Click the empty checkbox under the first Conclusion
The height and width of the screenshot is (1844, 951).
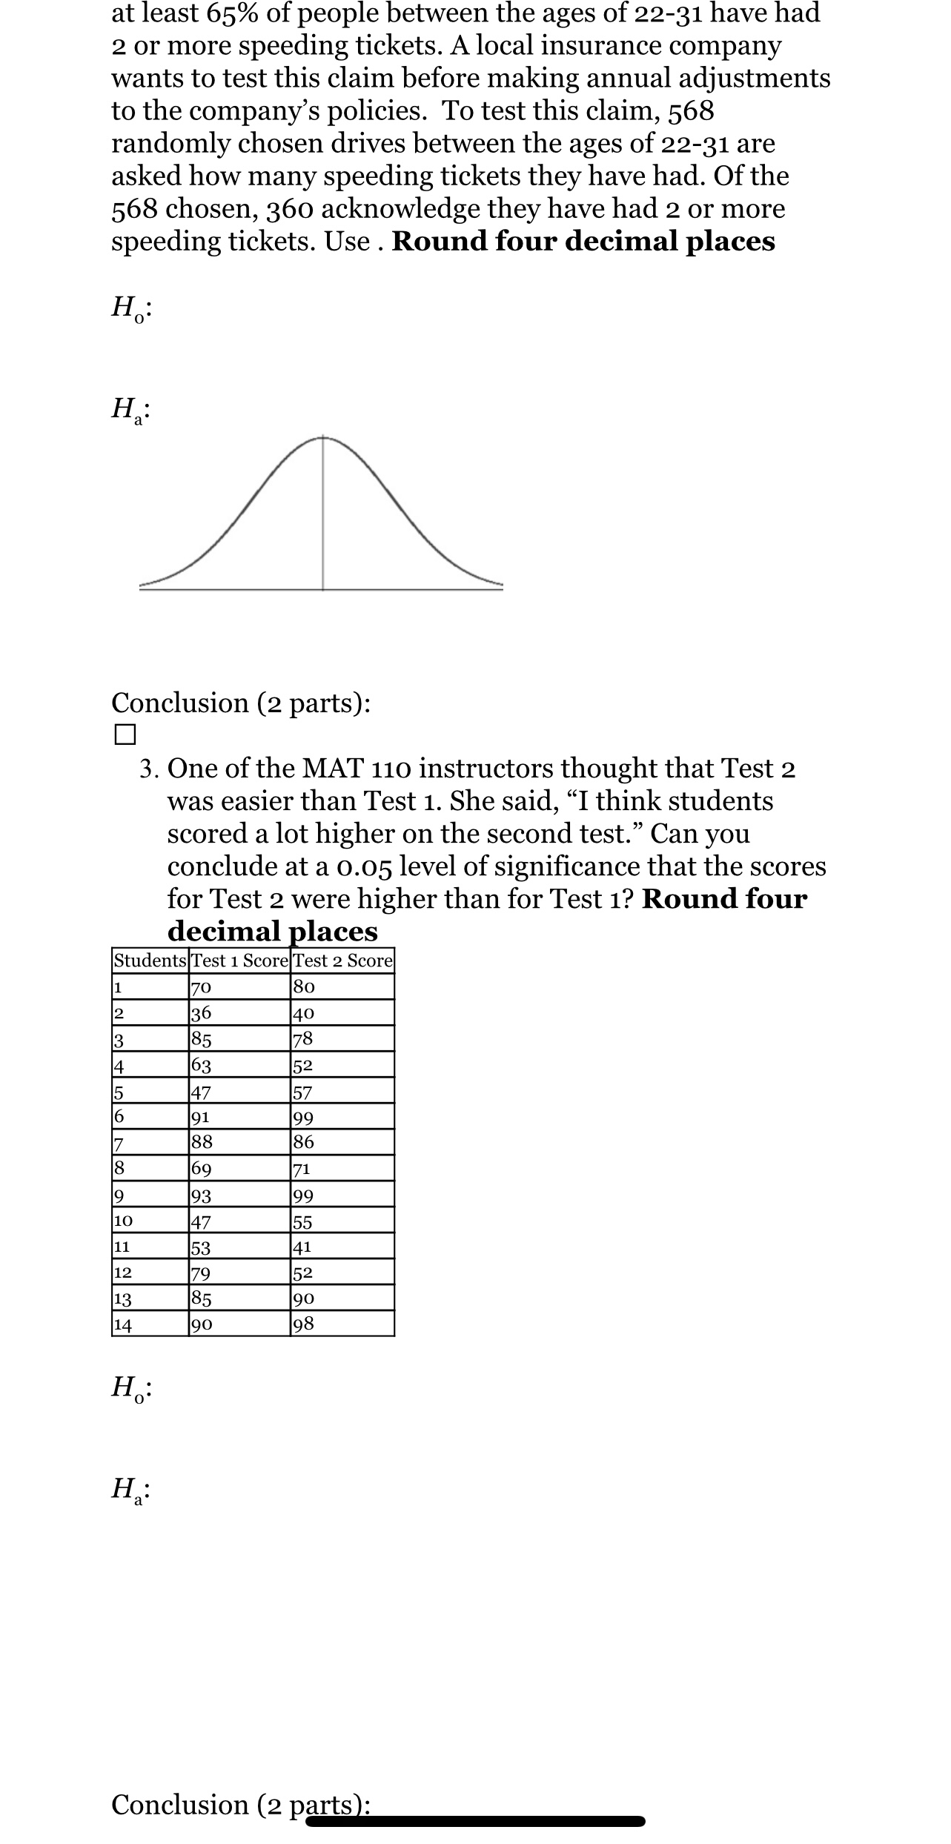click(125, 734)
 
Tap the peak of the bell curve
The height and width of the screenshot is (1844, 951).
click(322, 438)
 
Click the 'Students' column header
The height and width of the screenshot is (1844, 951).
click(150, 961)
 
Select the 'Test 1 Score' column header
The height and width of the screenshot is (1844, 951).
click(239, 961)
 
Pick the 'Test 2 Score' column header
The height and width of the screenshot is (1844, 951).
click(342, 961)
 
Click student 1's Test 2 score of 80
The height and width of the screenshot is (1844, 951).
click(305, 987)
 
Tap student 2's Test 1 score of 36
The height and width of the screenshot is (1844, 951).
click(202, 1013)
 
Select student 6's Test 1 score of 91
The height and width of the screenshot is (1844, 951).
click(200, 1117)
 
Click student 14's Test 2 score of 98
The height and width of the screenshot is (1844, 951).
click(305, 1324)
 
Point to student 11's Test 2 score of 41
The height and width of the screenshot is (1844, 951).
click(302, 1247)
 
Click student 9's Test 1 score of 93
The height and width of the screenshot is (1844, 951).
click(202, 1195)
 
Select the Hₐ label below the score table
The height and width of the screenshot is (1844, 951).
click(131, 1488)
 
